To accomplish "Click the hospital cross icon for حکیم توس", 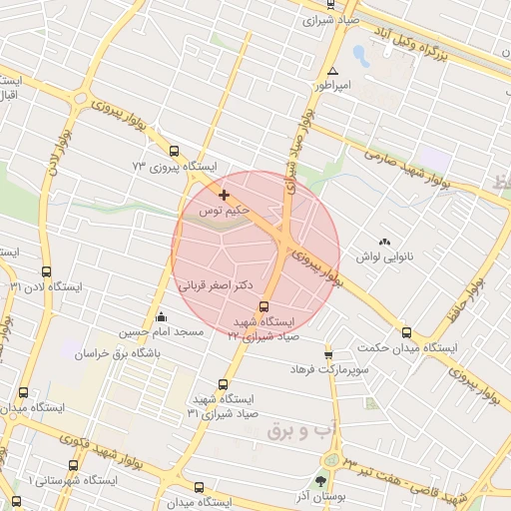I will [x=223, y=195].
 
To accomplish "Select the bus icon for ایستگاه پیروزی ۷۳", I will [x=175, y=152].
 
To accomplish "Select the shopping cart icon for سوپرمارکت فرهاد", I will [x=327, y=355].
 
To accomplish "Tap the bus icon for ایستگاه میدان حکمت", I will [x=406, y=332].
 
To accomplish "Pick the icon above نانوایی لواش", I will [x=384, y=242].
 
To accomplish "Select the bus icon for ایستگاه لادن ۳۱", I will [x=46, y=271].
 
